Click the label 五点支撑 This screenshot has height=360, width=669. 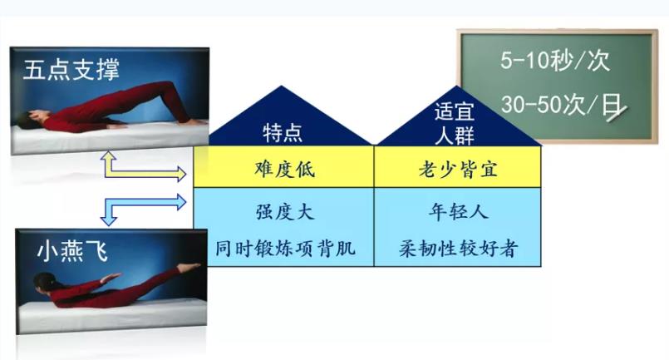click(71, 69)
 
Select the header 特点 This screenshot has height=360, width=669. click(283, 132)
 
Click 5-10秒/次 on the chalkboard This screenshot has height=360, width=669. click(554, 62)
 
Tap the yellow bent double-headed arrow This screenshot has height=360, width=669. click(141, 169)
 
